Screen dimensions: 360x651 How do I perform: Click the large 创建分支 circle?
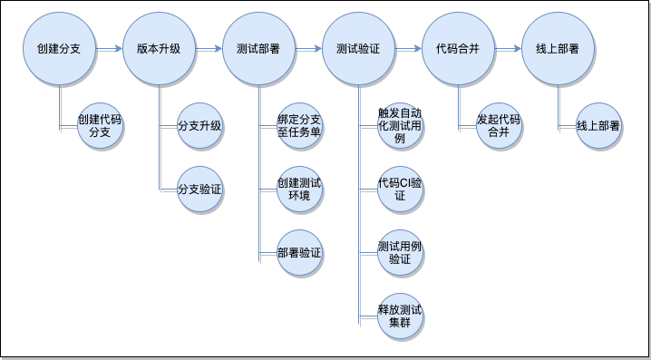(x=59, y=49)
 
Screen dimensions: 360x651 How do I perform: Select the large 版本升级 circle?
(x=159, y=49)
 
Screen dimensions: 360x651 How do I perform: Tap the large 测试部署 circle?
(x=258, y=49)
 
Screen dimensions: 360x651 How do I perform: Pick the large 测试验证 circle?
(x=358, y=49)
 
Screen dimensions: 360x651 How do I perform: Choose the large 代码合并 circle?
(x=458, y=49)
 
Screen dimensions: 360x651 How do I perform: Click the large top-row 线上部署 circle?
(x=558, y=49)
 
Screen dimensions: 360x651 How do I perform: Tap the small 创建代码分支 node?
(x=100, y=126)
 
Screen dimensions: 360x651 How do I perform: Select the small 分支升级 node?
(x=199, y=126)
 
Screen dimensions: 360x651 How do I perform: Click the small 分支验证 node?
(x=199, y=190)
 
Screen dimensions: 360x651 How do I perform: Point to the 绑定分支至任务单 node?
(x=299, y=126)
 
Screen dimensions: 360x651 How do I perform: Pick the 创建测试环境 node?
(x=299, y=190)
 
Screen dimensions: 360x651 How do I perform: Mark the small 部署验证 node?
(x=299, y=253)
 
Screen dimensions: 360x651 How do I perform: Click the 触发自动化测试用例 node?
(x=400, y=126)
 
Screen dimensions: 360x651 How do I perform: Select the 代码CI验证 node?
(x=400, y=190)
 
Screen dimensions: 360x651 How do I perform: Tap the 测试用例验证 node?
(x=400, y=253)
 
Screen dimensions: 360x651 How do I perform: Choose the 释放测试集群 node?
(x=400, y=316)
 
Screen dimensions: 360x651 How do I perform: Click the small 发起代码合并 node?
(x=499, y=126)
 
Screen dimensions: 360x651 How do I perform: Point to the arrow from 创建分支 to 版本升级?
(x=109, y=50)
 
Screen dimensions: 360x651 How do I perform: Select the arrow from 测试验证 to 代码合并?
(x=408, y=50)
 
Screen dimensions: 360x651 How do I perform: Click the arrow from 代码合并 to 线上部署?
(x=508, y=50)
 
